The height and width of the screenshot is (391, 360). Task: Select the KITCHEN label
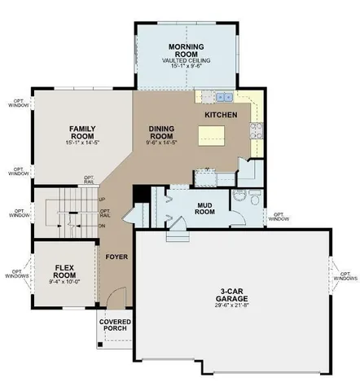[221, 116]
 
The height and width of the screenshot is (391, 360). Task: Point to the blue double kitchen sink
[214, 98]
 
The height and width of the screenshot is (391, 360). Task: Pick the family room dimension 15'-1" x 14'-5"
[83, 144]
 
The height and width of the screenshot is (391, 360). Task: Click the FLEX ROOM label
[64, 271]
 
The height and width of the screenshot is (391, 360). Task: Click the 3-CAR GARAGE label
[232, 296]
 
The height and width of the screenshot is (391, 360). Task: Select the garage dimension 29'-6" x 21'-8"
[232, 308]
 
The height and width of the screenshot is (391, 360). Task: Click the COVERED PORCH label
[115, 327]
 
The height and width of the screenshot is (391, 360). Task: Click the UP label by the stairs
[102, 200]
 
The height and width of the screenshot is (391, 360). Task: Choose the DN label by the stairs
[102, 226]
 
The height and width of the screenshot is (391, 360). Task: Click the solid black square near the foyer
[138, 193]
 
